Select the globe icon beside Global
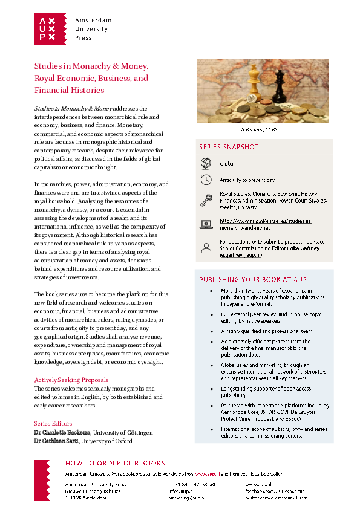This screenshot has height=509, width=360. [206, 163]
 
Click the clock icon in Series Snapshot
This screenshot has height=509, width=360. [206, 180]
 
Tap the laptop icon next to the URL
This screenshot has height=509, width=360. [206, 224]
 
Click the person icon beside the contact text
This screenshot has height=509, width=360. [206, 246]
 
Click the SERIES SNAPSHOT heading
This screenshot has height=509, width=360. [229, 147]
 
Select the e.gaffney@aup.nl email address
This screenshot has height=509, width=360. [241, 256]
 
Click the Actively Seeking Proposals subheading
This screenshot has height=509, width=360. [71, 380]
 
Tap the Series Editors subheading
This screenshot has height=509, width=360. [53, 423]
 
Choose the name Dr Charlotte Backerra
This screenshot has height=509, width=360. [62, 433]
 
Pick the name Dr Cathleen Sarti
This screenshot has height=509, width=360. [59, 441]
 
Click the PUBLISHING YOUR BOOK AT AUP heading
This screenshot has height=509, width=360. [253, 279]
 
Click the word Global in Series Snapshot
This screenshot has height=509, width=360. [227, 163]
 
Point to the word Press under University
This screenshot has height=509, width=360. [83, 37]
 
